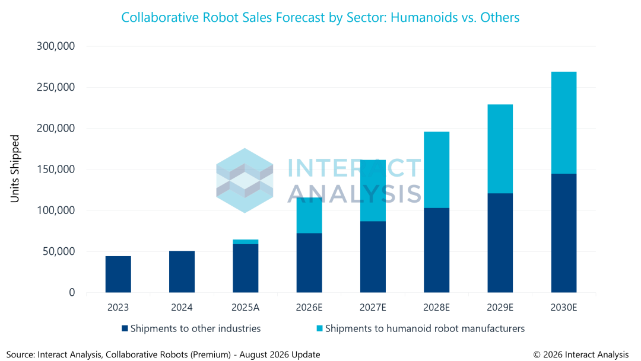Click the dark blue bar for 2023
click(x=118, y=274)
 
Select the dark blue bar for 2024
click(x=182, y=271)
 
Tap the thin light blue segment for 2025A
click(x=246, y=242)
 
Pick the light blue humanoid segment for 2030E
click(x=564, y=123)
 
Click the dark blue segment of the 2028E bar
click(x=437, y=250)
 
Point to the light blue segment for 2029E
click(x=500, y=149)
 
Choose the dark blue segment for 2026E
click(x=309, y=263)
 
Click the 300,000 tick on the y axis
click(x=56, y=46)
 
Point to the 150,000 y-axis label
click(x=56, y=169)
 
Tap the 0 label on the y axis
click(x=72, y=292)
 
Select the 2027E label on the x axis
click(x=373, y=307)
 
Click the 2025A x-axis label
click(x=245, y=307)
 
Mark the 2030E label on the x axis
click(x=564, y=307)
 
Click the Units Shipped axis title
click(x=15, y=169)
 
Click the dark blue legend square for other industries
click(x=125, y=328)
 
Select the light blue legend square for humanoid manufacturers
click(x=320, y=328)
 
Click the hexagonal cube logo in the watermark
click(x=245, y=180)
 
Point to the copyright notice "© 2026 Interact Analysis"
click(x=581, y=354)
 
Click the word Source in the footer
click(x=20, y=354)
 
